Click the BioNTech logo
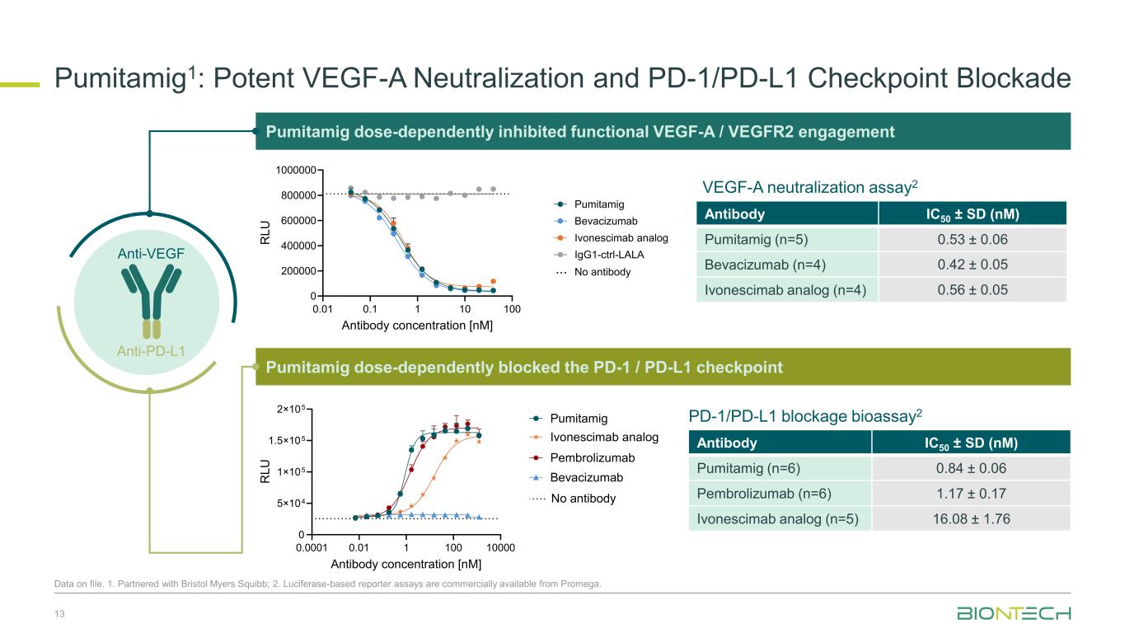click(x=1014, y=614)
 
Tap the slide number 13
click(x=59, y=614)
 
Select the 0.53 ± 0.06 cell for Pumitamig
click(x=972, y=240)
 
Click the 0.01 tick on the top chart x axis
click(x=321, y=309)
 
